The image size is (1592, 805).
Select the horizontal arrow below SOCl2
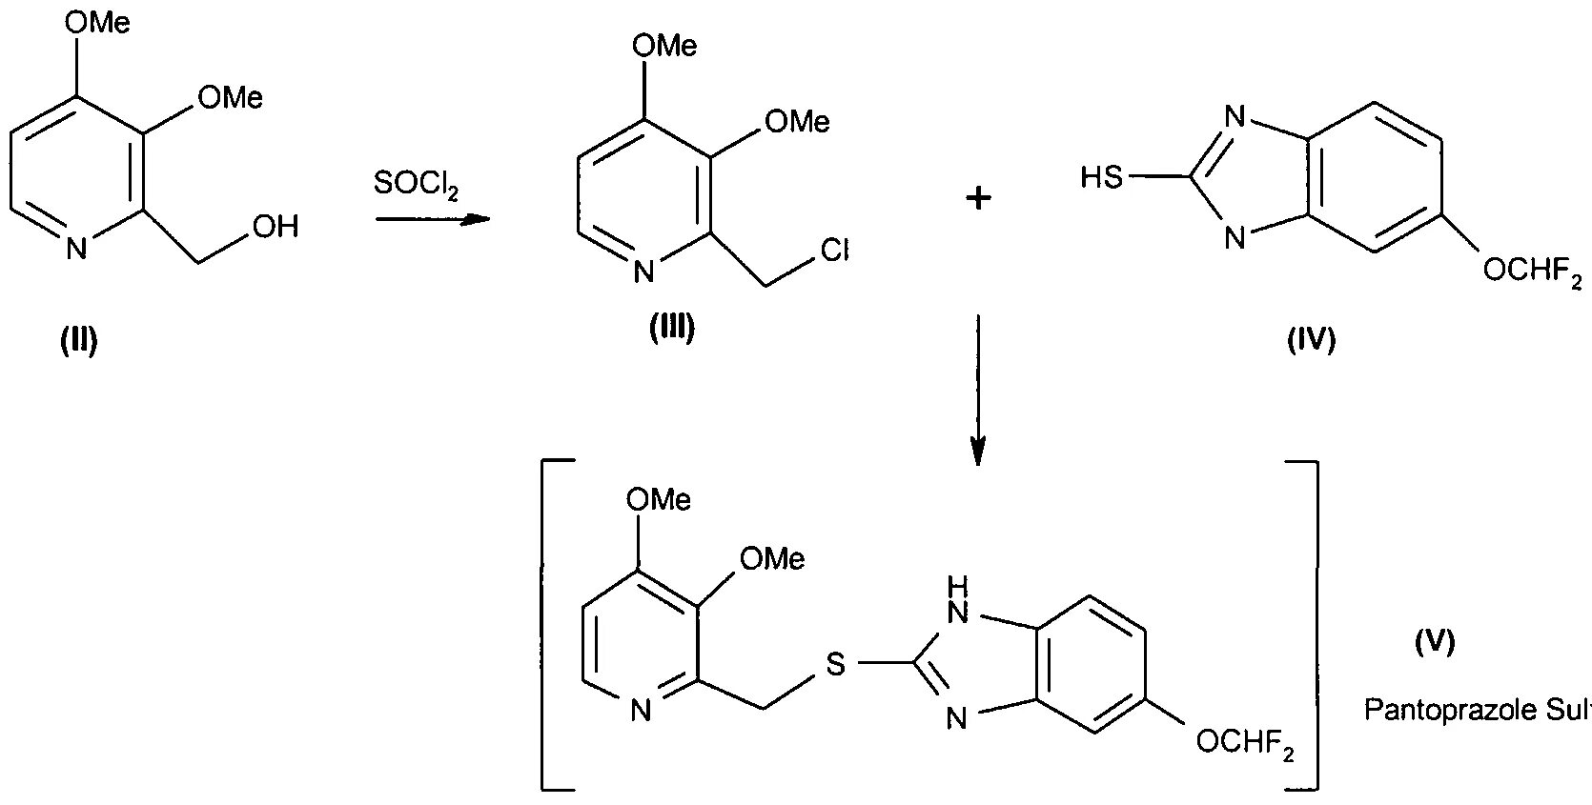coord(431,220)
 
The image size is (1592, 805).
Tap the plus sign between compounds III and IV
coord(979,198)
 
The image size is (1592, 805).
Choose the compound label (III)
coord(672,329)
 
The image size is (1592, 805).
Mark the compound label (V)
coord(1435,643)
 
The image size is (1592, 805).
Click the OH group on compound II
coord(276,227)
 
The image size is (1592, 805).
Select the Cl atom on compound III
coord(834,251)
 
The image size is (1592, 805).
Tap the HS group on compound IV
coord(1102,177)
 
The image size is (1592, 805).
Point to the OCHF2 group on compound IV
coord(1533,272)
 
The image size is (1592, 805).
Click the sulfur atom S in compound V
coord(835,664)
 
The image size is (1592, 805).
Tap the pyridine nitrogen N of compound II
coord(77,251)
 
